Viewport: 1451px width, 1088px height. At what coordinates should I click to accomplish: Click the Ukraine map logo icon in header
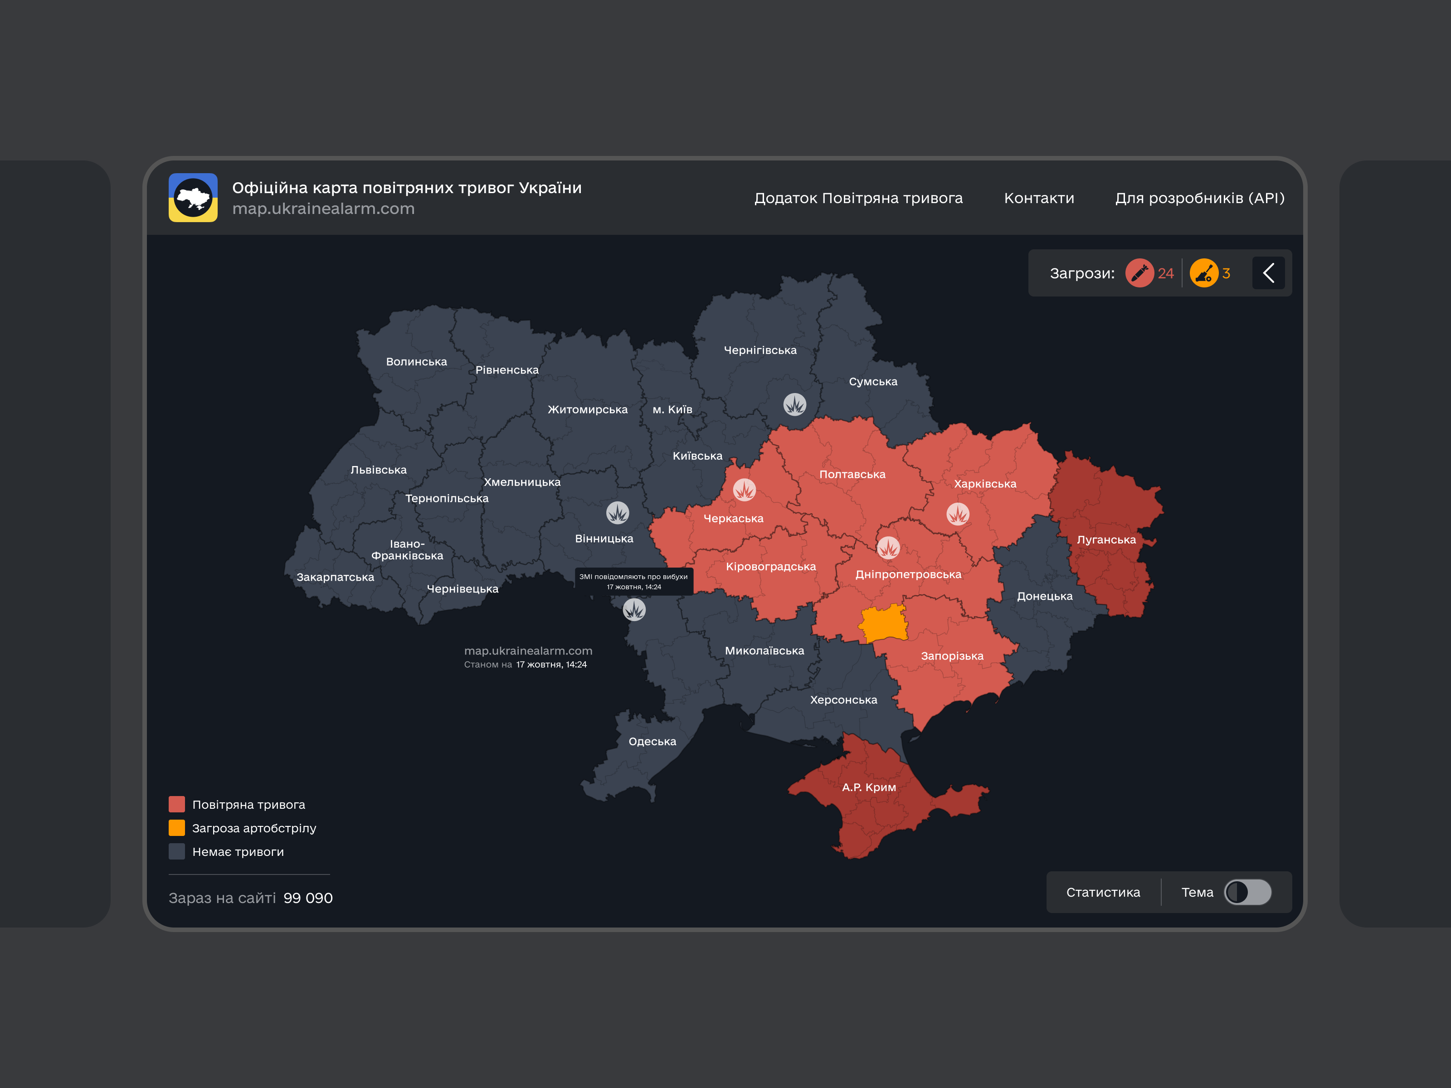click(193, 197)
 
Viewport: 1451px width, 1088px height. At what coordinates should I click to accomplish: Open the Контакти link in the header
click(1039, 198)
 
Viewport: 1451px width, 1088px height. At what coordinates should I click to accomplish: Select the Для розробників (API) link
click(1200, 198)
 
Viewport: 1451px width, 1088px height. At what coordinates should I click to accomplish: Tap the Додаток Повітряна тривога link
click(858, 198)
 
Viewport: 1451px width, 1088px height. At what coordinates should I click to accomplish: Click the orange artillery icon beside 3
click(1204, 273)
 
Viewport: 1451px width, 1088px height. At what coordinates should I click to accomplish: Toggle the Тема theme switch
click(1248, 892)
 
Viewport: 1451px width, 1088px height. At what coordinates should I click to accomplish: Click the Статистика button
click(1103, 892)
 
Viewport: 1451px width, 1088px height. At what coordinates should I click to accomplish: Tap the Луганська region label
click(1106, 540)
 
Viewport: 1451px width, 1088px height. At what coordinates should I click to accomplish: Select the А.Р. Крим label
click(868, 787)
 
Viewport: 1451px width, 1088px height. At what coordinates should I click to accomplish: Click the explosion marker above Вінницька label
click(617, 512)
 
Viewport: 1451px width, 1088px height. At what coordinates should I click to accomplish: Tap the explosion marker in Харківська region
click(958, 514)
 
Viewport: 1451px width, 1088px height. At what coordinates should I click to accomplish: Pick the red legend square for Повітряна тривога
click(176, 805)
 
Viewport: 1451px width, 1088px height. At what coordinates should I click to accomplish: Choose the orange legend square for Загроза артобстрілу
click(176, 828)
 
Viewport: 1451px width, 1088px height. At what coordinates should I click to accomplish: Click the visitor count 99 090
click(307, 898)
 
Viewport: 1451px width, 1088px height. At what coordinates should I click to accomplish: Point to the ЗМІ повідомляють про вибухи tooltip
click(633, 582)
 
